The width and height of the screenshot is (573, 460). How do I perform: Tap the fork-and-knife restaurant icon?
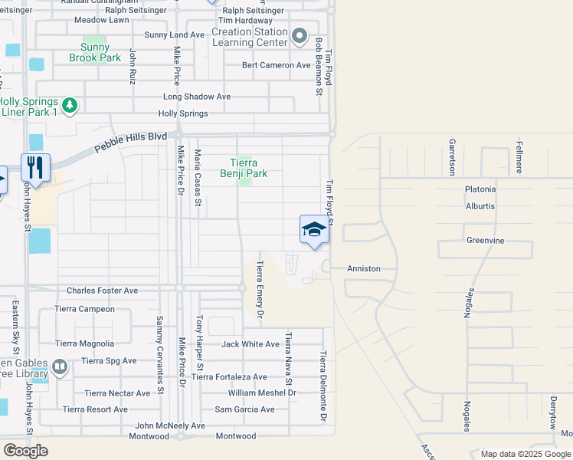pos(35,166)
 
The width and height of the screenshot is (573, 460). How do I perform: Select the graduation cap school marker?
pos(313,229)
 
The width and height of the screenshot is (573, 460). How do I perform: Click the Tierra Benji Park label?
pos(244,168)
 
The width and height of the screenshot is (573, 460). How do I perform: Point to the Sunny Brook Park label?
pos(95,52)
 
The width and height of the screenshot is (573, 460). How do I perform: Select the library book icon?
pos(61,368)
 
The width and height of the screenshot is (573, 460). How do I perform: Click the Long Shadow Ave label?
pos(197,97)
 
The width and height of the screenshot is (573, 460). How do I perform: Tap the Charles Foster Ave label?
pos(102,291)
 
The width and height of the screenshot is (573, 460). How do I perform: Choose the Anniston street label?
pos(363,269)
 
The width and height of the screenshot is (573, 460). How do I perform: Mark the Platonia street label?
pos(480,189)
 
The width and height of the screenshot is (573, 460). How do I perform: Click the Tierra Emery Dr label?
pos(259,288)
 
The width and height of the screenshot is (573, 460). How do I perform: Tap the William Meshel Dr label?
pos(261,393)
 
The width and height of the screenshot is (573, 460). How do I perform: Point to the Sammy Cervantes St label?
pos(160,354)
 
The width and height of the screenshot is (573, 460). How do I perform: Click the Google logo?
pos(25,450)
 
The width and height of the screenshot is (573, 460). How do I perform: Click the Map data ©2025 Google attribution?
pos(525,454)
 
